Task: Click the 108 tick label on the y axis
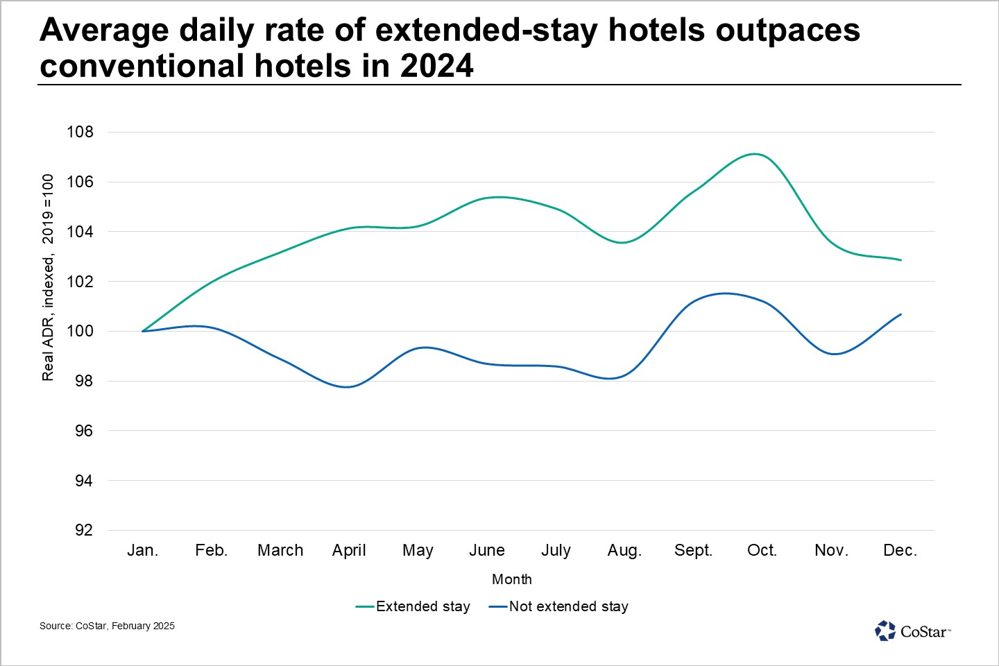[x=80, y=132]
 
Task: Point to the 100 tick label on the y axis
[x=80, y=332]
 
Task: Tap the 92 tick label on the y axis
[x=83, y=531]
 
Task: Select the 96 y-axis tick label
[x=83, y=431]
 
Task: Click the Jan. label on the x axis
[x=143, y=550]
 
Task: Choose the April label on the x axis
[x=349, y=551]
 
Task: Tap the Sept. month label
[x=694, y=551]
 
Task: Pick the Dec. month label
[x=900, y=550]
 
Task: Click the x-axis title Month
[x=512, y=579]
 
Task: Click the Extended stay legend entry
[x=413, y=606]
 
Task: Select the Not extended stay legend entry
[x=559, y=606]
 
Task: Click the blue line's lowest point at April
[x=348, y=386]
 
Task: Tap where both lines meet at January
[x=143, y=332]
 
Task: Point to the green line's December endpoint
[x=901, y=260]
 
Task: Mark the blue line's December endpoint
[x=901, y=314]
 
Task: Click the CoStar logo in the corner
[x=912, y=631]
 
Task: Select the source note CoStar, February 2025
[x=125, y=626]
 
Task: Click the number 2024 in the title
[x=436, y=66]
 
